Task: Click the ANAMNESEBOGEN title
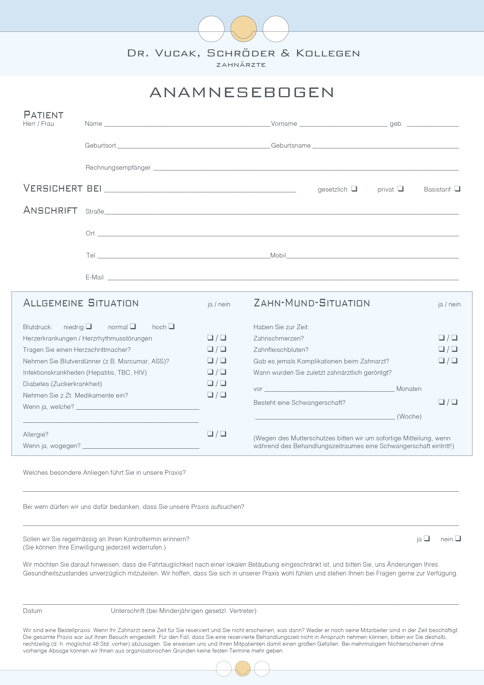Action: tap(242, 93)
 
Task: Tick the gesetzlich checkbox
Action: tap(354, 189)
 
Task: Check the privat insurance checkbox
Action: tap(400, 189)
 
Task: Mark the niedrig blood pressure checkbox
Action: tap(89, 326)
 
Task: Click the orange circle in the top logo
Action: tap(243, 29)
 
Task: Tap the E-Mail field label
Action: tap(94, 277)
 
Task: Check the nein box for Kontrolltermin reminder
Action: tap(458, 538)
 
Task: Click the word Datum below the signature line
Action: tap(33, 611)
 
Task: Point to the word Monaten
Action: tap(408, 389)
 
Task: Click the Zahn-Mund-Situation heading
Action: tap(312, 303)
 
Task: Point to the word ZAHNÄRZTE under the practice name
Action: tap(241, 65)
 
